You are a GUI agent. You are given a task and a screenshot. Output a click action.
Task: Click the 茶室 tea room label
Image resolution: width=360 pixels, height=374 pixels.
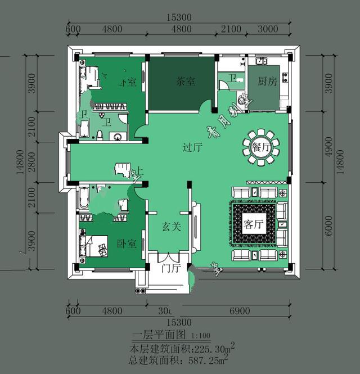[x=186, y=82]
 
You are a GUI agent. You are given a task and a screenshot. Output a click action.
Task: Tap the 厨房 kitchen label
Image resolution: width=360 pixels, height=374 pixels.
[x=267, y=82]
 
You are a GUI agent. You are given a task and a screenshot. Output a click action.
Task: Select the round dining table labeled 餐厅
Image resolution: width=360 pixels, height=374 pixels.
[x=260, y=148]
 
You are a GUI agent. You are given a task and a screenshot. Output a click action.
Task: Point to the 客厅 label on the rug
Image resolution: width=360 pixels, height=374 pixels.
[x=254, y=224]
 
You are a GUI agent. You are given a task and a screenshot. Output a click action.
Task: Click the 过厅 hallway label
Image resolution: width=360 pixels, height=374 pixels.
[x=192, y=148]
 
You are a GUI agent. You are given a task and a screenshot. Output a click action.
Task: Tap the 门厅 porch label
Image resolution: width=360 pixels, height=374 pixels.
[x=170, y=268]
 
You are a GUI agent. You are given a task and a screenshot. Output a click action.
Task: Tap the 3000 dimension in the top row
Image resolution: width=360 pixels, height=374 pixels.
[x=268, y=29]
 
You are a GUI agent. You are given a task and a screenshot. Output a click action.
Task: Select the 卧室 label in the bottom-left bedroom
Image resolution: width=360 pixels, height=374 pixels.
[x=126, y=244]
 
